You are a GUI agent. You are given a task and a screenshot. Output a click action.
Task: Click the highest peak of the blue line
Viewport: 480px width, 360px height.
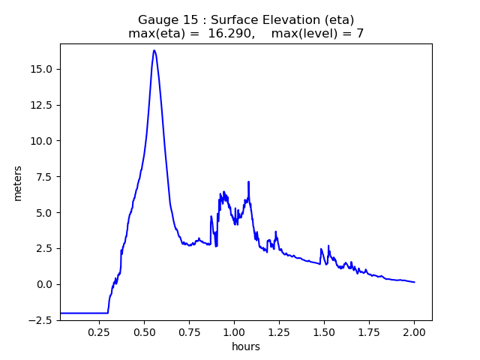click(154, 50)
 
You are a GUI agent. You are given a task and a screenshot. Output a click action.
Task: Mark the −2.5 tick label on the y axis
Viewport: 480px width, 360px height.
click(40, 320)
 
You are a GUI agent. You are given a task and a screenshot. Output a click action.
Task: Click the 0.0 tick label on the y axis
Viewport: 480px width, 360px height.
click(44, 284)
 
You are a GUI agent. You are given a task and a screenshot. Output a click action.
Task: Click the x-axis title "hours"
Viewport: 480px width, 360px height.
click(246, 346)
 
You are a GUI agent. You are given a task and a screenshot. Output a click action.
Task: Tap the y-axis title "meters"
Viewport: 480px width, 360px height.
click(17, 183)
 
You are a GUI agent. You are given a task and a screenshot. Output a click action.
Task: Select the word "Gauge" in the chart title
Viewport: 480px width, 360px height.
click(158, 20)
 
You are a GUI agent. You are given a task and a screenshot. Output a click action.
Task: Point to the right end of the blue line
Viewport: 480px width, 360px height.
click(415, 282)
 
